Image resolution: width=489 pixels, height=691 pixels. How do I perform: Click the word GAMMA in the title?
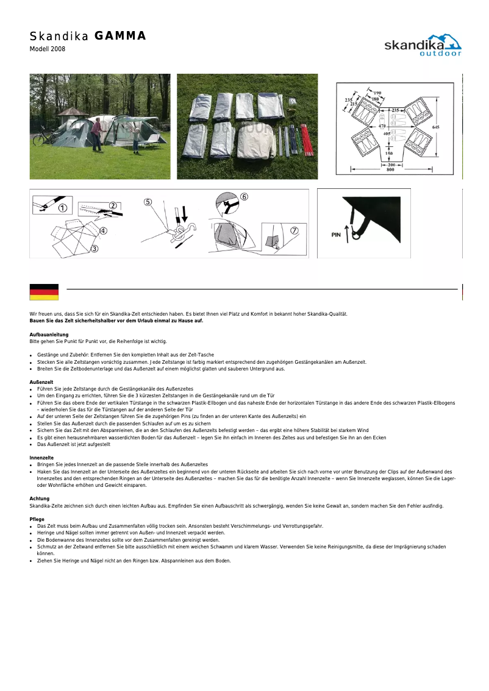(x=121, y=36)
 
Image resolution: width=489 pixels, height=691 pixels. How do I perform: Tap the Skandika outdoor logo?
(x=423, y=45)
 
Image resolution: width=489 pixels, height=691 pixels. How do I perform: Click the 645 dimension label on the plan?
(x=435, y=126)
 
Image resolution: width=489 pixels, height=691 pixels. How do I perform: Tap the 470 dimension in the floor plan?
(x=383, y=126)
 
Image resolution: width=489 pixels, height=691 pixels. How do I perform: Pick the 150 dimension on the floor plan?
(x=389, y=154)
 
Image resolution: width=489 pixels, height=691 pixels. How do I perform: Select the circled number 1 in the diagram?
(x=62, y=207)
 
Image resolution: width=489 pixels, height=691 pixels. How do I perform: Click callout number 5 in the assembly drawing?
(x=148, y=202)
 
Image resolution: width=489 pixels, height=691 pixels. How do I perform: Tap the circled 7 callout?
(x=294, y=230)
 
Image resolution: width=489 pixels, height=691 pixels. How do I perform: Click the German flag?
(x=44, y=292)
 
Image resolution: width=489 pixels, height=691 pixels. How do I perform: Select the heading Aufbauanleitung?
(x=49, y=335)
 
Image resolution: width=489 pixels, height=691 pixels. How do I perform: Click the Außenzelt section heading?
(x=41, y=382)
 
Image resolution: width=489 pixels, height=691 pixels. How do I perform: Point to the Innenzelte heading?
(x=41, y=457)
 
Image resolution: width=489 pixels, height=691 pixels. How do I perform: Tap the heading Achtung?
(x=40, y=498)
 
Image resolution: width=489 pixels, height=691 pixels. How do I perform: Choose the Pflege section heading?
(x=38, y=519)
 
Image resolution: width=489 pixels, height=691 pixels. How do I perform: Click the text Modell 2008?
(x=48, y=49)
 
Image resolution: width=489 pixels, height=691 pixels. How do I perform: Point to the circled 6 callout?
(x=244, y=197)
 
